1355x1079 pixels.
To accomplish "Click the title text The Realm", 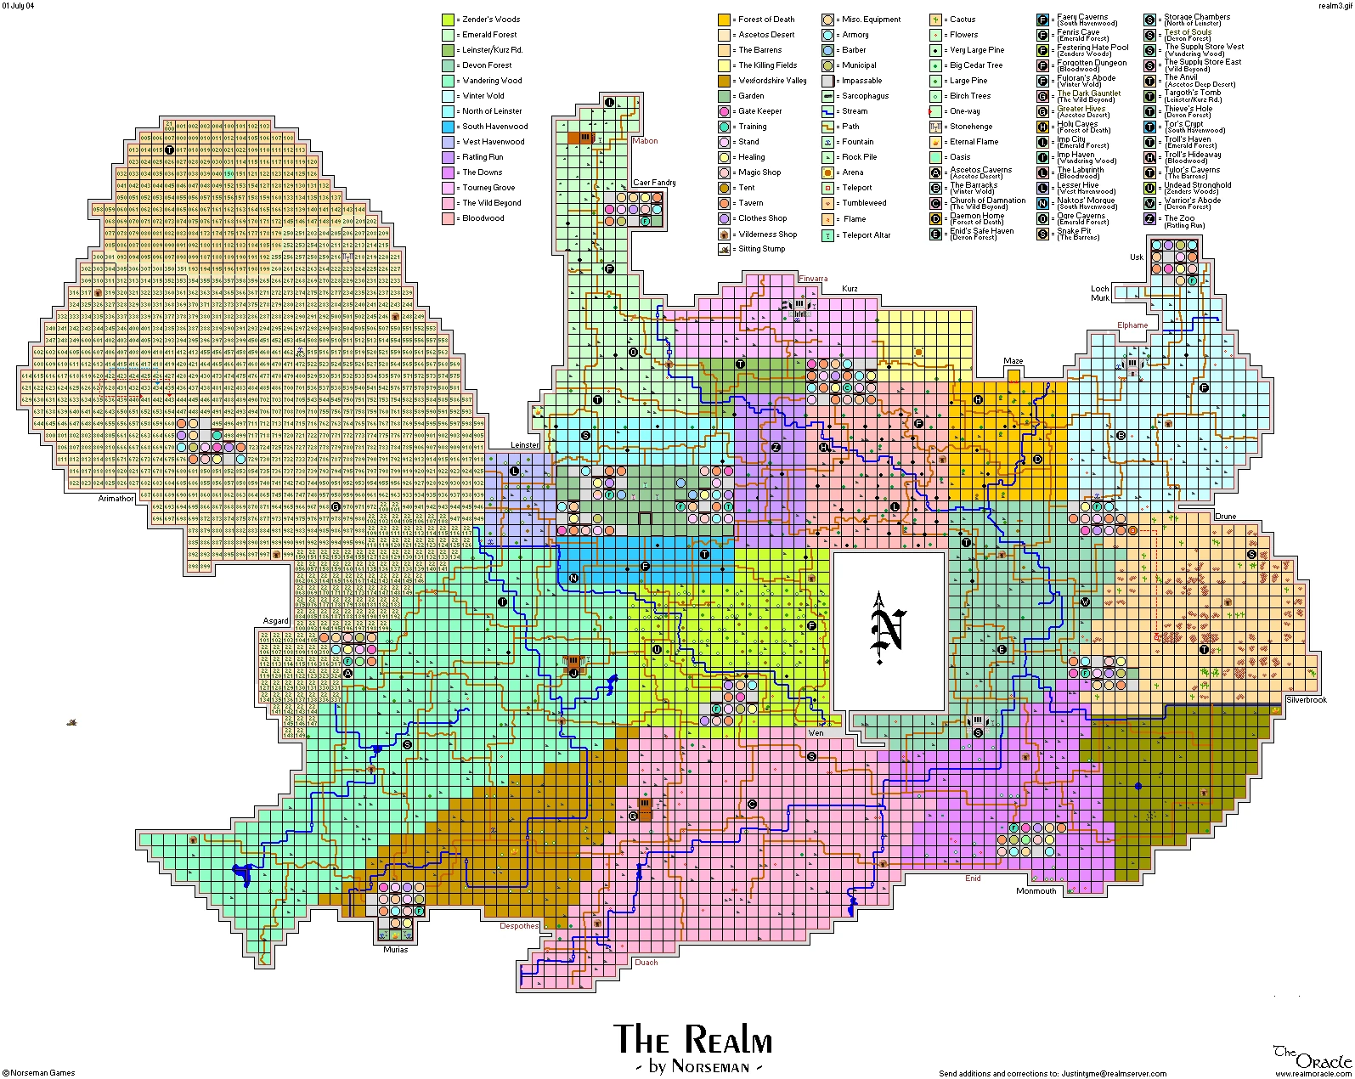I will point(692,1039).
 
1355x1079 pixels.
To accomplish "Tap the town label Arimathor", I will point(116,499).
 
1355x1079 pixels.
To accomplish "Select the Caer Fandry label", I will point(654,183).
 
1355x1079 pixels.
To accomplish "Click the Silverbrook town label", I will point(1306,700).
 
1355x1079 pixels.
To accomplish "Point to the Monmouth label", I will point(1036,891).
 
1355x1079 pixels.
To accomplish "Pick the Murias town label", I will point(395,949).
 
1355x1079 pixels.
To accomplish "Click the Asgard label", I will point(275,621).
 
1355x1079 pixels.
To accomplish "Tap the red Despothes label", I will point(518,926).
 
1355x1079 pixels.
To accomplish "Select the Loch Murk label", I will point(1100,293).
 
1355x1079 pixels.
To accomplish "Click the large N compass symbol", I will point(888,632).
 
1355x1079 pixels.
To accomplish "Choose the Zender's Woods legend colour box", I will point(448,20).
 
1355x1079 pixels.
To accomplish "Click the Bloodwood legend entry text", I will point(483,218).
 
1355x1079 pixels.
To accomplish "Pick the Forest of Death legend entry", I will point(765,20).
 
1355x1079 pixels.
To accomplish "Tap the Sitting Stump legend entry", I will point(762,249).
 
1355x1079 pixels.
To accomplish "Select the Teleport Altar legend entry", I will point(866,235).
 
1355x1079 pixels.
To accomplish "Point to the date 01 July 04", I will point(20,4).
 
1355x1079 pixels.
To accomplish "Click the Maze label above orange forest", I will point(1013,361).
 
